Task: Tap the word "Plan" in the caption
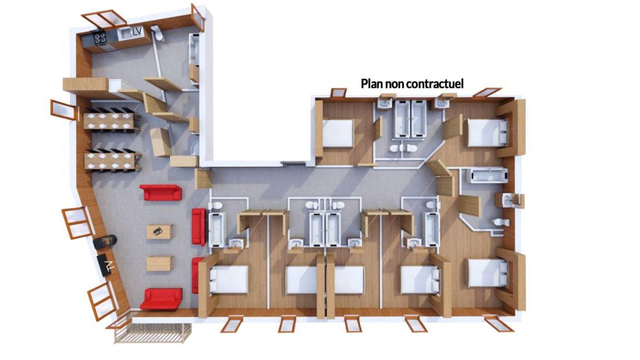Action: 372,84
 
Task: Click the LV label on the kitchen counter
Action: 137,31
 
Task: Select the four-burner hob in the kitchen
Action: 99,38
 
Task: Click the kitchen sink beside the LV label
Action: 124,33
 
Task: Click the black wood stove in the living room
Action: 105,242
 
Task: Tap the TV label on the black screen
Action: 108,266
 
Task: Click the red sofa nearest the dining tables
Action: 161,192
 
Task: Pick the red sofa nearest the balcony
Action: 161,299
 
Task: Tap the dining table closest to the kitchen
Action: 110,121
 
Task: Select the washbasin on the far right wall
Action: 507,200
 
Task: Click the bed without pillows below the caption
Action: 338,133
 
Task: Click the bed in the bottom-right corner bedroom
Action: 488,273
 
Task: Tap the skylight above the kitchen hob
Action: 104,19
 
